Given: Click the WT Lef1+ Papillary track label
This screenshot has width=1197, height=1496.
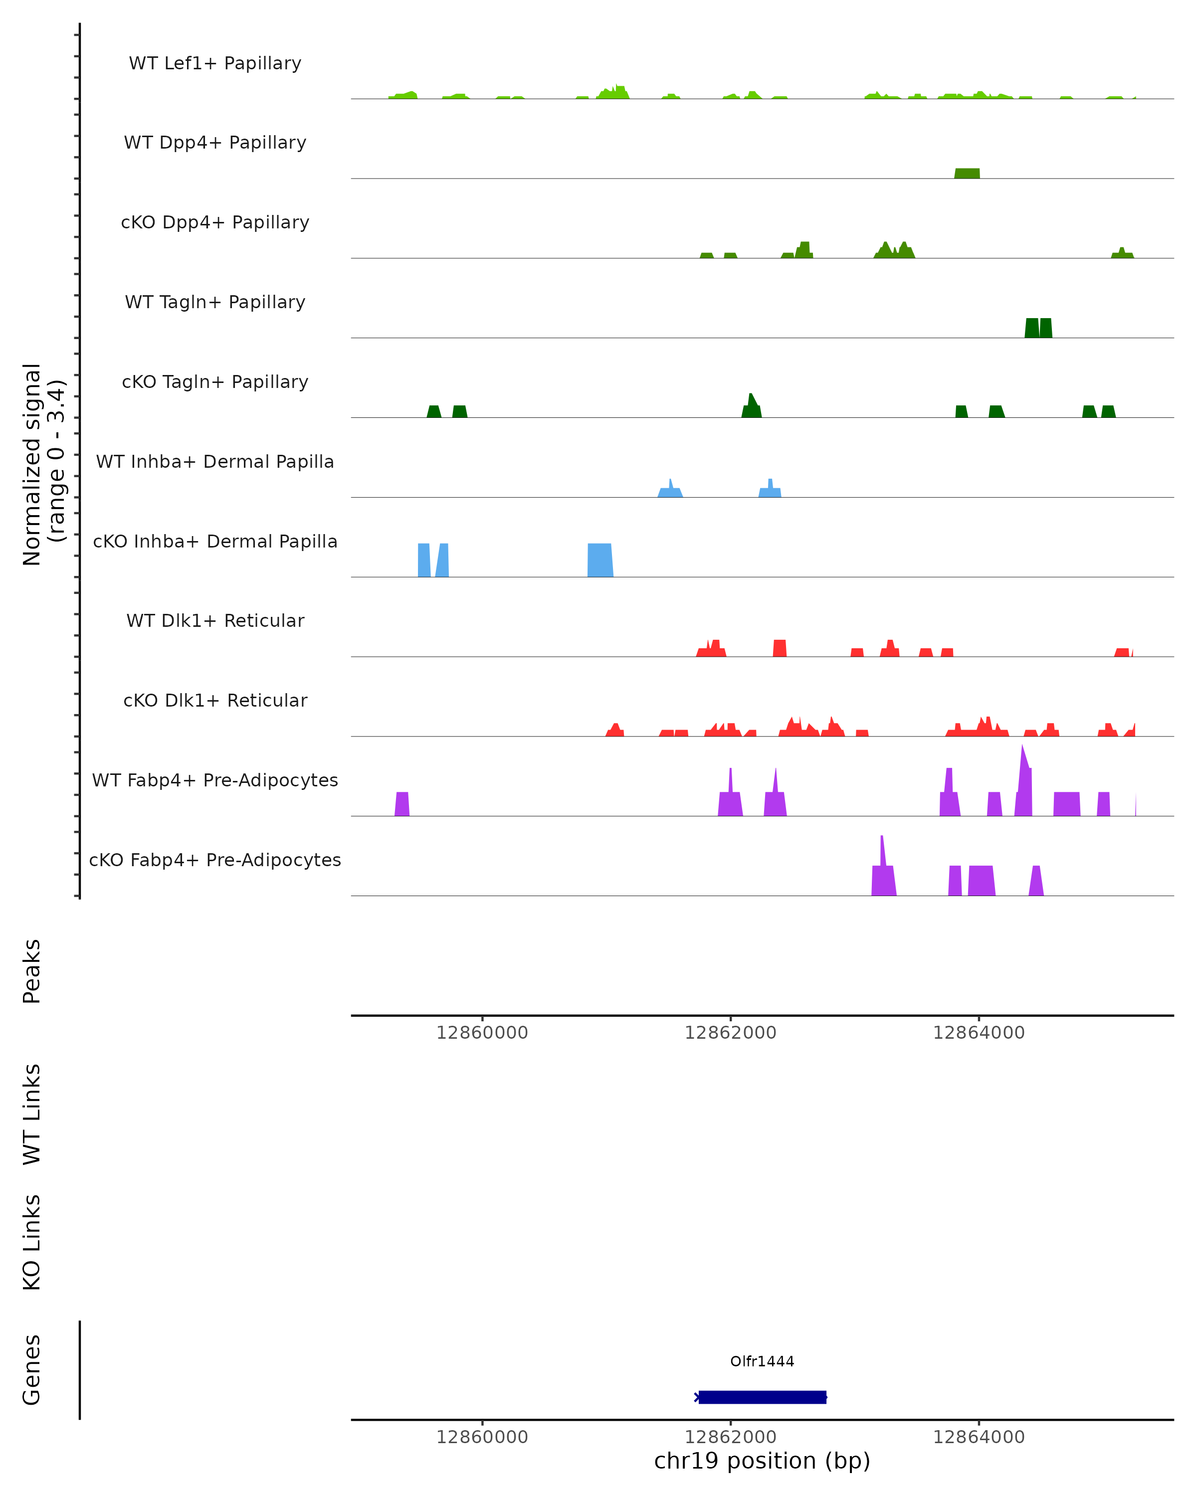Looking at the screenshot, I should (x=215, y=63).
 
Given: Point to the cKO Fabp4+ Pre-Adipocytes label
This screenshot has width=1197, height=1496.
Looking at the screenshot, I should (x=215, y=860).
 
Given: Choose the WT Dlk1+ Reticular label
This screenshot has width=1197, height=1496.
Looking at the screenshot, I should (x=215, y=621).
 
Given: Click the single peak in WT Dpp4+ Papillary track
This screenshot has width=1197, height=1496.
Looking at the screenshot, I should (x=967, y=174).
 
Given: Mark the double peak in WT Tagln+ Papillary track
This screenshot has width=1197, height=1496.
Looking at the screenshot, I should (x=1038, y=328).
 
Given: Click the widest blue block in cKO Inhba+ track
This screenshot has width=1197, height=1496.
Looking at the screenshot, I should (x=600, y=561).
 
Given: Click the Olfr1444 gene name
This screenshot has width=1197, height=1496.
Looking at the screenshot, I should (x=762, y=1361).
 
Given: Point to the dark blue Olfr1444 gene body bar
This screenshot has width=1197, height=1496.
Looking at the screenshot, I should (x=762, y=1397).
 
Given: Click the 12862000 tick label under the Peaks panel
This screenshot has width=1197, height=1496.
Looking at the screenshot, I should (x=730, y=1033).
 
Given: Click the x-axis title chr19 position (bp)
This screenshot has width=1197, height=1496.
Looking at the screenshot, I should (x=762, y=1461).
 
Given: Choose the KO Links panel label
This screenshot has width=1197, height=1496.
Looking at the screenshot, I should (x=32, y=1243).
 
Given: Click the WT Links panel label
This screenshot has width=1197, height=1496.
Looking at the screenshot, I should (x=32, y=1115).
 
